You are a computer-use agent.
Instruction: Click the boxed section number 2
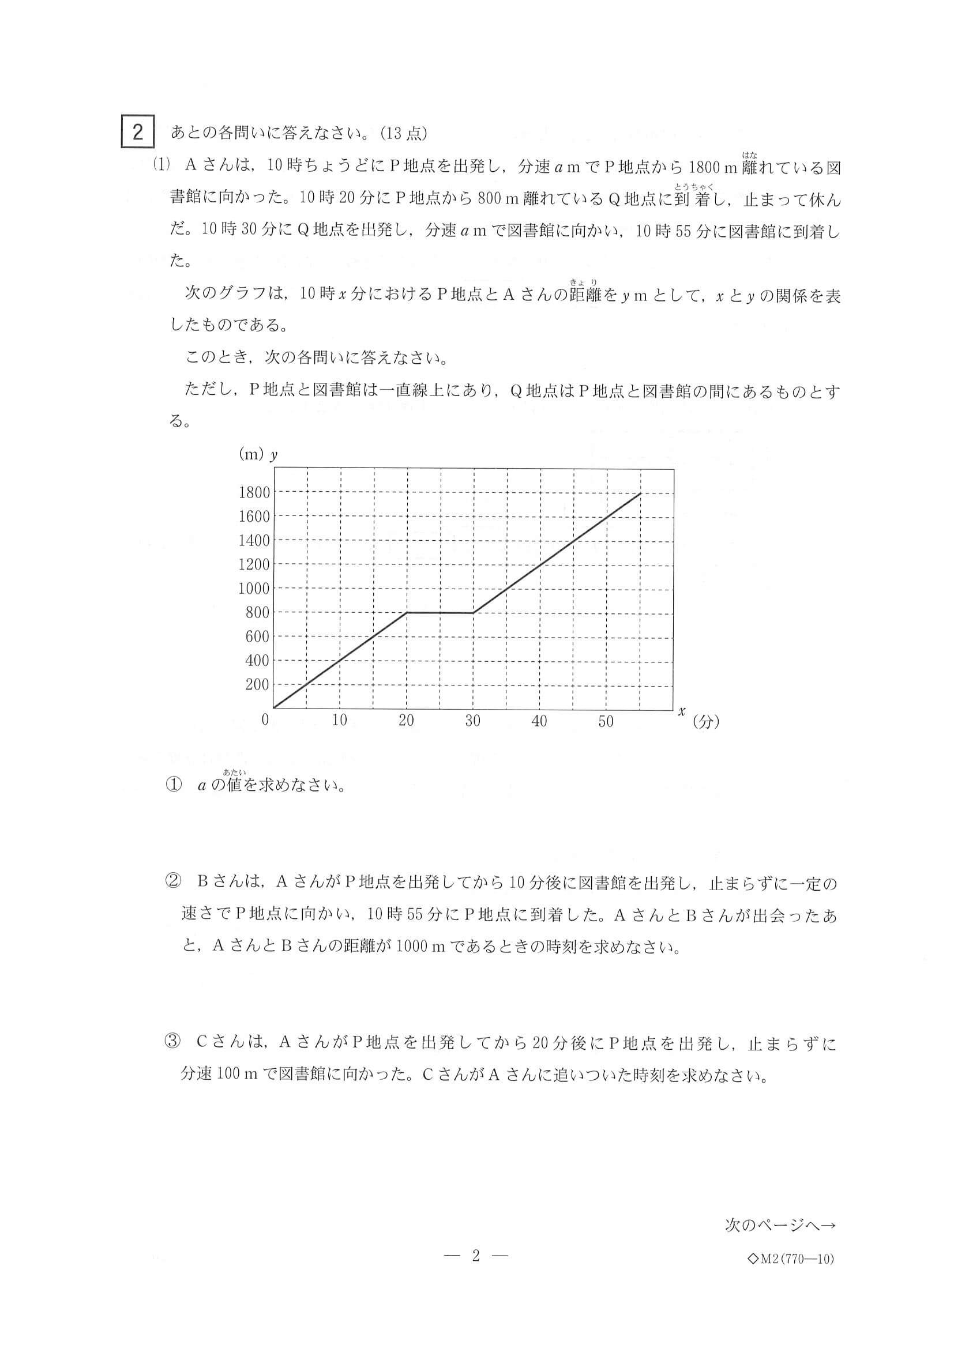(x=137, y=132)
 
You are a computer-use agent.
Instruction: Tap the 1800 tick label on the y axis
(x=254, y=492)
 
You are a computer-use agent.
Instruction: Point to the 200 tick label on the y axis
(x=257, y=684)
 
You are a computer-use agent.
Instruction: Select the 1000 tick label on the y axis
(x=254, y=589)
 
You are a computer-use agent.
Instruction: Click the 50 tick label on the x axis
(x=606, y=721)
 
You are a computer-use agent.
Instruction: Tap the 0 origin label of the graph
(x=265, y=719)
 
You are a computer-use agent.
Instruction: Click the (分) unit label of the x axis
(x=706, y=722)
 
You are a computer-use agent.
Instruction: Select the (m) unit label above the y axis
(x=250, y=454)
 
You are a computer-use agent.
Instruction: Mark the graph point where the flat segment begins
(x=407, y=613)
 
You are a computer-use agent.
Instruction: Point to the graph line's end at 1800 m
(x=640, y=493)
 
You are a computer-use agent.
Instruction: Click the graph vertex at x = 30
(x=473, y=613)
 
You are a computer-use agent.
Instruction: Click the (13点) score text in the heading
(x=404, y=133)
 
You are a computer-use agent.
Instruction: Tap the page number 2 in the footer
(x=476, y=1256)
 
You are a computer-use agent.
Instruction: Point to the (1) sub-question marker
(x=160, y=165)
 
